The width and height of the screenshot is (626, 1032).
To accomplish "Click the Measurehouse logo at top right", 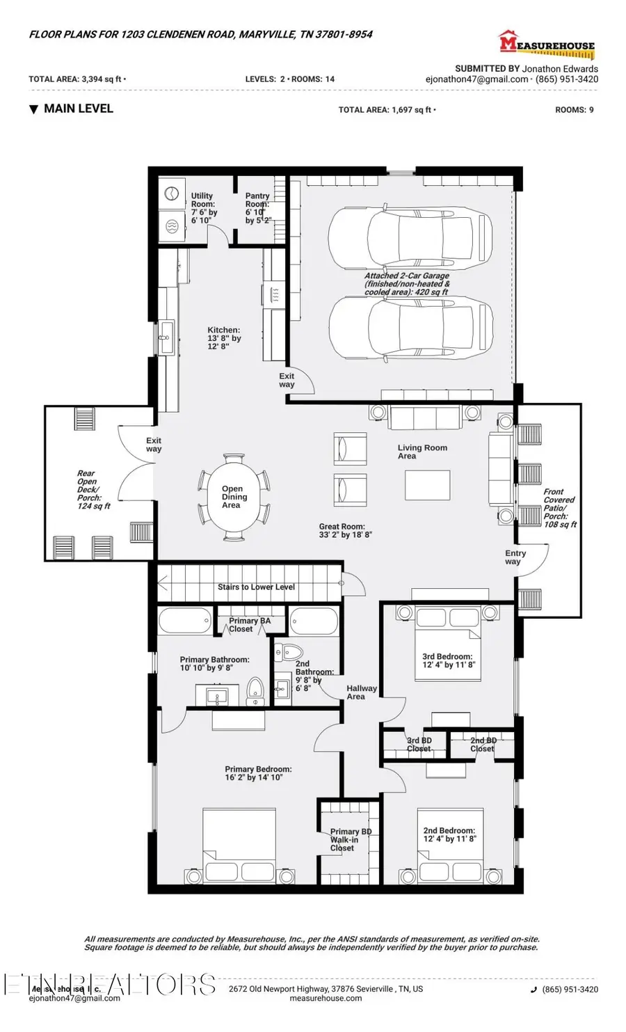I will (x=547, y=45).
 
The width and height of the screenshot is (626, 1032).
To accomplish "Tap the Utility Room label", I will (x=203, y=208).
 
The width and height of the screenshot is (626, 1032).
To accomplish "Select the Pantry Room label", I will (x=257, y=208).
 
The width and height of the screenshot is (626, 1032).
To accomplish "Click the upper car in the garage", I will (x=410, y=237).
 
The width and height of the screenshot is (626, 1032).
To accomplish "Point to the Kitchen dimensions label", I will (x=224, y=338).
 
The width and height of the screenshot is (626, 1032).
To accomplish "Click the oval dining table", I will (x=234, y=496).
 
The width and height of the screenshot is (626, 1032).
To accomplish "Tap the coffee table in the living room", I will (x=427, y=485).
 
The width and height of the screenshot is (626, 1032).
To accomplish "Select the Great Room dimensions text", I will (x=346, y=531).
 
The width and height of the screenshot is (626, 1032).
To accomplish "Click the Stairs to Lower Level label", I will (x=256, y=587).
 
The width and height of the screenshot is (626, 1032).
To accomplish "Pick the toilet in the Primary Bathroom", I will (x=256, y=691).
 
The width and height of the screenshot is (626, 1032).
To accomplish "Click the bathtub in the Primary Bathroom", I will (x=184, y=620).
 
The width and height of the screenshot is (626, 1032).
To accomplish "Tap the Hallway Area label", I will (x=361, y=692).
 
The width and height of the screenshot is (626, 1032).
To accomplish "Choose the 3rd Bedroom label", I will (x=448, y=660).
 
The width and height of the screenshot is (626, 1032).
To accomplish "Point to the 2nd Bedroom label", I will (x=449, y=834).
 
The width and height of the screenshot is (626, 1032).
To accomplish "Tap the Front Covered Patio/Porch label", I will (x=559, y=508).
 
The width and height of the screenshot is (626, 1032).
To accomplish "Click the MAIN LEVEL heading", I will (x=77, y=109).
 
